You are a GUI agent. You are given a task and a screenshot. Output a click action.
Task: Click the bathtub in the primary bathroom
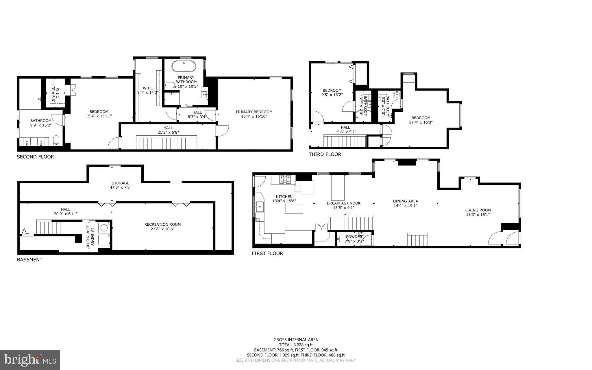pyautogui.click(x=184, y=67)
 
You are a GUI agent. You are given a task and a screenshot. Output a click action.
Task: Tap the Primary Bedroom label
pyautogui.click(x=254, y=112)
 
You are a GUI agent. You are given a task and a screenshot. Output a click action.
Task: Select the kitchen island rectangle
pyautogui.click(x=294, y=209)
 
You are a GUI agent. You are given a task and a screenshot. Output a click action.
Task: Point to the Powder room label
pyautogui.click(x=354, y=237)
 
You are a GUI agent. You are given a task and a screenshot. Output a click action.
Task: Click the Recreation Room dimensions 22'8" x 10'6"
pyautogui.click(x=162, y=229)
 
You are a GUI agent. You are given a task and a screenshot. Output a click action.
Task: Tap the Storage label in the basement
pyautogui.click(x=121, y=183)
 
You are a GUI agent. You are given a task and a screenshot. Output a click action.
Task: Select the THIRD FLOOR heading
pyautogui.click(x=325, y=154)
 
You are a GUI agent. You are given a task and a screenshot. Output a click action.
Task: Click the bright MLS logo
pyautogui.click(x=30, y=360)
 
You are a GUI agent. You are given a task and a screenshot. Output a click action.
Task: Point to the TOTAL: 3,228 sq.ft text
pyautogui.click(x=296, y=345)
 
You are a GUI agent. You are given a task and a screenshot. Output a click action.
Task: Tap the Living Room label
pyautogui.click(x=478, y=210)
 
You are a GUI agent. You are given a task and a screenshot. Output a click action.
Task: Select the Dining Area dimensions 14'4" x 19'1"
pyautogui.click(x=405, y=206)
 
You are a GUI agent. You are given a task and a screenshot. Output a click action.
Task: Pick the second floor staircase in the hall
pyautogui.click(x=166, y=143)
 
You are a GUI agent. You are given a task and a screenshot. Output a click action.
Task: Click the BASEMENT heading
pyautogui.click(x=30, y=260)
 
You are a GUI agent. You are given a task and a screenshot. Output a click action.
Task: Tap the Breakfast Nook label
pyautogui.click(x=344, y=203)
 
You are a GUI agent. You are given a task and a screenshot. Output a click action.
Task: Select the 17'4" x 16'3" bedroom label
pyautogui.click(x=421, y=122)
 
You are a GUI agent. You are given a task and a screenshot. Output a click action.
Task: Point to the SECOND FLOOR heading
pyautogui.click(x=35, y=157)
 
